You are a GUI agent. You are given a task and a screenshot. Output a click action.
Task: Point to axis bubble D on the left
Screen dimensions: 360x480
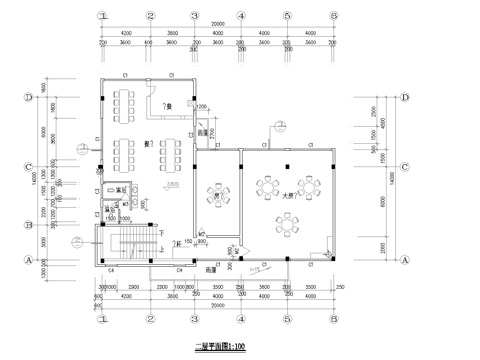tap(30, 97)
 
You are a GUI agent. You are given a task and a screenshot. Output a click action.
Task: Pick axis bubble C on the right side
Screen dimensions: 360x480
tap(405, 167)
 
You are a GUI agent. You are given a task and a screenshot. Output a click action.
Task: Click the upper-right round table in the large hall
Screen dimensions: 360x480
tap(312, 187)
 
